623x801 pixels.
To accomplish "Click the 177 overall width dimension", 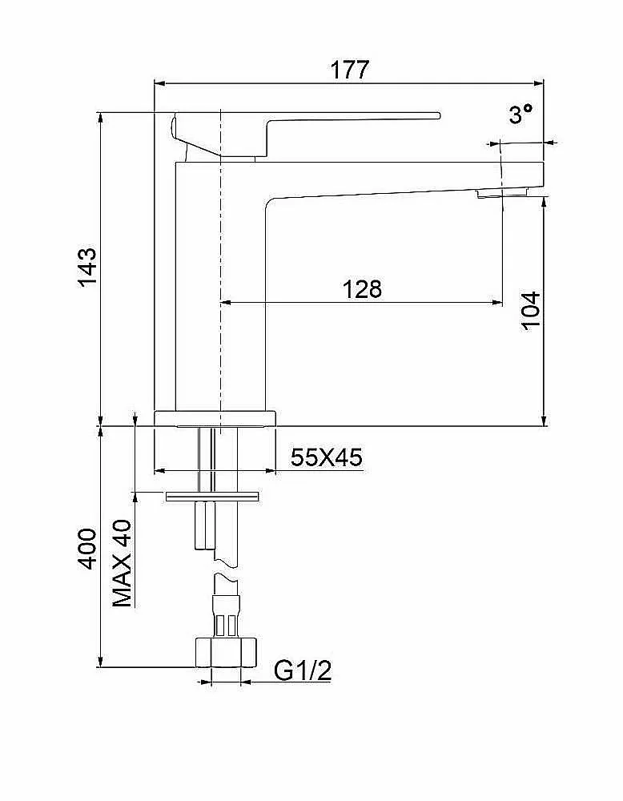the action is point(349,70).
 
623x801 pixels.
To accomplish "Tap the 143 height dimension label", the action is point(87,268).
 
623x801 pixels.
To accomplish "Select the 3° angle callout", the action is point(521,114).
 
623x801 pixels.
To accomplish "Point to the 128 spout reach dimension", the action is point(361,289).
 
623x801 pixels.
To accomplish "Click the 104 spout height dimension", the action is point(532,311).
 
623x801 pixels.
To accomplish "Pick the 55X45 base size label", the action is point(327,457).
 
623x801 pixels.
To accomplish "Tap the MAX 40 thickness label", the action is point(122,563).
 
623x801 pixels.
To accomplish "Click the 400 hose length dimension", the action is point(87,549).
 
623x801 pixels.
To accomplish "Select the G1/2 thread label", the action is point(303,670).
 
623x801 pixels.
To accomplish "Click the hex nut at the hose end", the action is point(225,652).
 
